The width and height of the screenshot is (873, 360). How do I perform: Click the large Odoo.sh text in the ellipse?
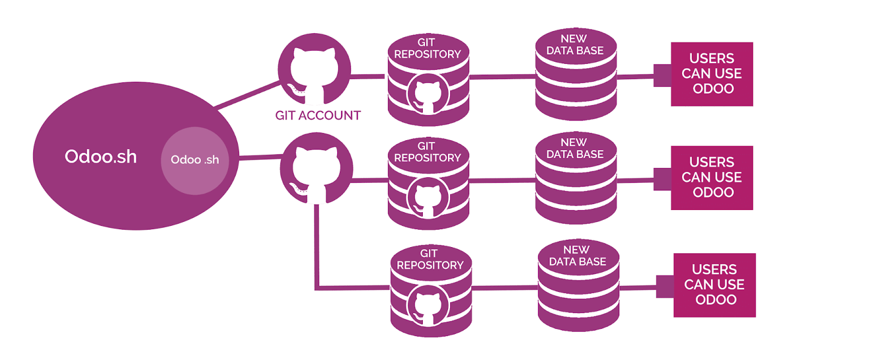(101, 157)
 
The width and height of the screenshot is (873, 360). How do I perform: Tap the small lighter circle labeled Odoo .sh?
(195, 160)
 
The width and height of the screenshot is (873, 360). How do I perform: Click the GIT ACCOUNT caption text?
(318, 116)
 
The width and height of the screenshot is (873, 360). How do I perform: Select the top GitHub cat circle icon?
(314, 70)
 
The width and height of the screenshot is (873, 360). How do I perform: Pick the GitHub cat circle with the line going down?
(316, 169)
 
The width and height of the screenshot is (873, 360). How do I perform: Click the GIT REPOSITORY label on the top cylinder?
(428, 49)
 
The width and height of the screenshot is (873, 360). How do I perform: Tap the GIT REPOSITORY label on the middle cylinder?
(428, 152)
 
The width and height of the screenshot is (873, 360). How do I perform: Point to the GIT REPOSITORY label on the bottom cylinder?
(430, 260)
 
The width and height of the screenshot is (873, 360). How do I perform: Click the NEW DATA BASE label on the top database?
(575, 45)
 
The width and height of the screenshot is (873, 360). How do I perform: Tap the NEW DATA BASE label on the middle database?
(575, 148)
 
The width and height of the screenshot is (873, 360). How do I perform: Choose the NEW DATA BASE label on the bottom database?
(577, 256)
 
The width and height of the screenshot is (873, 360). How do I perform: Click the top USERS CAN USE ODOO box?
(712, 74)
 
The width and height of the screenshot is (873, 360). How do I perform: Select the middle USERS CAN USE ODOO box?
(712, 177)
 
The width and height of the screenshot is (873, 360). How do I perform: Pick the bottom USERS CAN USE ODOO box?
(715, 285)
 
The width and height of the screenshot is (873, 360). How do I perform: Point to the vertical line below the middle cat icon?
(316, 245)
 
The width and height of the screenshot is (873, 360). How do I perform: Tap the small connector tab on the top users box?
(662, 75)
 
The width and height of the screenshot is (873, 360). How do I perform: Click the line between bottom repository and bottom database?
(505, 287)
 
